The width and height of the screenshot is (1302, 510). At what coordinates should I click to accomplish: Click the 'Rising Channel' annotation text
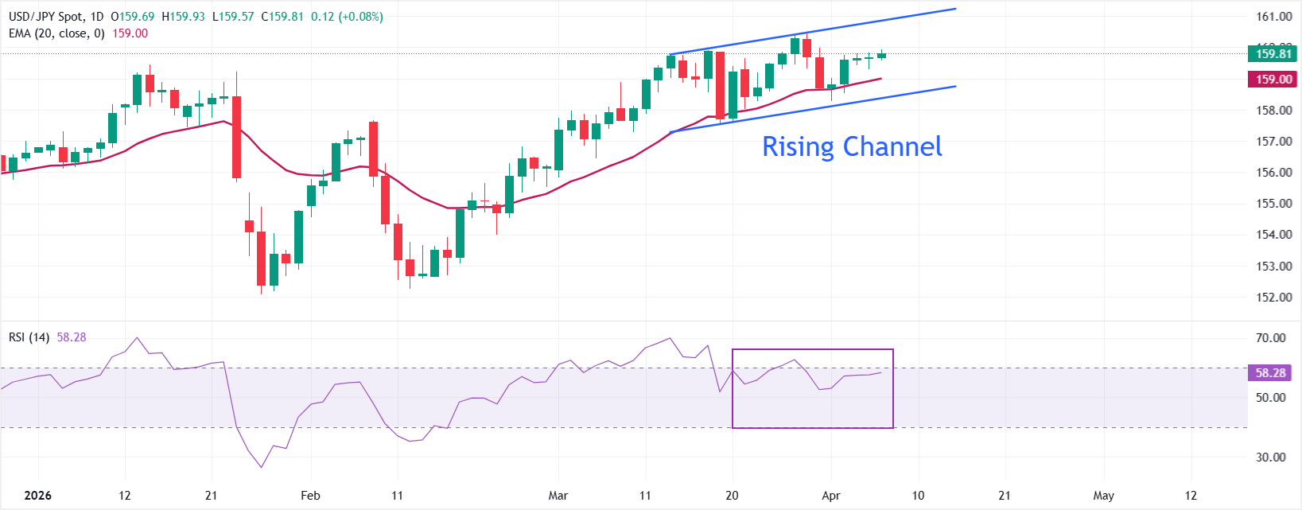(852, 146)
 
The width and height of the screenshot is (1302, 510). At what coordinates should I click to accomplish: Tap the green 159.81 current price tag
(1273, 54)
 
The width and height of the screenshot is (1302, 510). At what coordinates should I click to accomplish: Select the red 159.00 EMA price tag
(1273, 80)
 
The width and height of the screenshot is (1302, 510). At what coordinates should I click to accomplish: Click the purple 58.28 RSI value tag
(1270, 372)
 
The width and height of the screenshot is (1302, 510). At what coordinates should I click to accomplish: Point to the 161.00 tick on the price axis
(1273, 17)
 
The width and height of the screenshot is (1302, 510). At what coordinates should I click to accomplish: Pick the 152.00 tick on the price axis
(1273, 298)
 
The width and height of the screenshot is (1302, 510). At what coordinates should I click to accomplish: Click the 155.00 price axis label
(1273, 204)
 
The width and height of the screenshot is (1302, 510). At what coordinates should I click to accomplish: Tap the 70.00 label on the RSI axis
(1270, 338)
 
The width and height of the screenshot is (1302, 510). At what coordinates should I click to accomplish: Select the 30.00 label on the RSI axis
(1270, 457)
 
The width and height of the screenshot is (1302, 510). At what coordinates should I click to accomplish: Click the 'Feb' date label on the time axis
(310, 496)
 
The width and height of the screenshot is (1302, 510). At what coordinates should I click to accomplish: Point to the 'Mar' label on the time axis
(558, 496)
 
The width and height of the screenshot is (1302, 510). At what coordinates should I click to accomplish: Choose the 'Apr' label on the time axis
(831, 496)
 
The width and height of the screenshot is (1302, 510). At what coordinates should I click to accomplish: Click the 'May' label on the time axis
(1104, 496)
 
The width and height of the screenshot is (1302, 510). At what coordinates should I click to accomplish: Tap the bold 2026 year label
(37, 496)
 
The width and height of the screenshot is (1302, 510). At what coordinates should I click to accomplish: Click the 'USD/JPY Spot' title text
(45, 17)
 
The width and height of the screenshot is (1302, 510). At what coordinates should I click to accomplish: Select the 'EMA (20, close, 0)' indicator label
(56, 33)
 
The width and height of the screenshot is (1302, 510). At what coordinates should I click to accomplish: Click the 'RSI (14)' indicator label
(29, 337)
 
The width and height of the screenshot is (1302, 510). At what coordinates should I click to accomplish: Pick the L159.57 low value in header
(233, 17)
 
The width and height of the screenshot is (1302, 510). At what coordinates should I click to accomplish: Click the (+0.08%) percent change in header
(361, 17)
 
